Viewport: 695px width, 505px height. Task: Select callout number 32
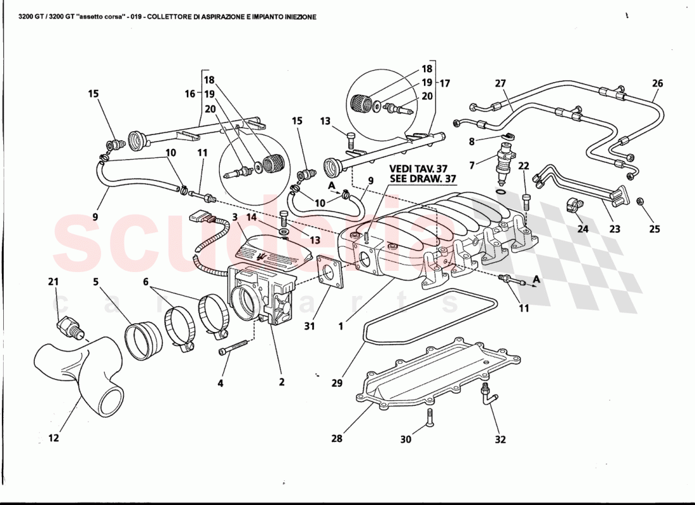(500, 439)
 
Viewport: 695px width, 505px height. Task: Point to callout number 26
(657, 83)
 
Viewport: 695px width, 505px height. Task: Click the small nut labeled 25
(639, 201)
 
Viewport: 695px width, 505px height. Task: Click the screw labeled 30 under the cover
(429, 417)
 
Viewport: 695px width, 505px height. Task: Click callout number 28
(337, 439)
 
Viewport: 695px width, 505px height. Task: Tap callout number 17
(445, 83)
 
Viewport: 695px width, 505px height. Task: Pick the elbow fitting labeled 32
(488, 396)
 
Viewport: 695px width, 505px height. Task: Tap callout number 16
(190, 93)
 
